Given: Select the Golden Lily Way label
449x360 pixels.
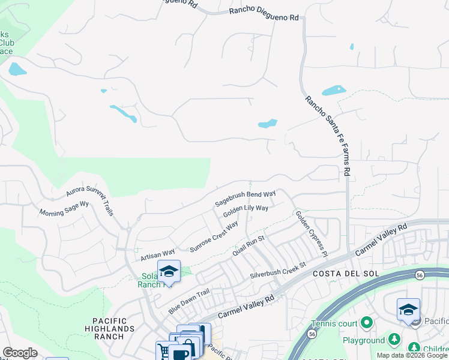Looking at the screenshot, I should tap(246, 212).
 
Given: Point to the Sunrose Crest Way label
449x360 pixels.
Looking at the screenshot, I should tap(214, 236).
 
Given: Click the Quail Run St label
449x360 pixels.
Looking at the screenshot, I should tap(249, 247).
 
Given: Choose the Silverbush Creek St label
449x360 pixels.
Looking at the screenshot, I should tap(279, 270).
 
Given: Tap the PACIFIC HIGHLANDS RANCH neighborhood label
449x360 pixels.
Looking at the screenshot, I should tap(109, 329).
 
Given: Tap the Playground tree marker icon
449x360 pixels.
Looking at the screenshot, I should tap(394, 340).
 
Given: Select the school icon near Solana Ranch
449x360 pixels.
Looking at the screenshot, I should tap(169, 271).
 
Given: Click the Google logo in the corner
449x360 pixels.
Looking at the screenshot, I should tap(20, 353).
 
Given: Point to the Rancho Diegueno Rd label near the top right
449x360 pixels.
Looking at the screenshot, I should tap(264, 15).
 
